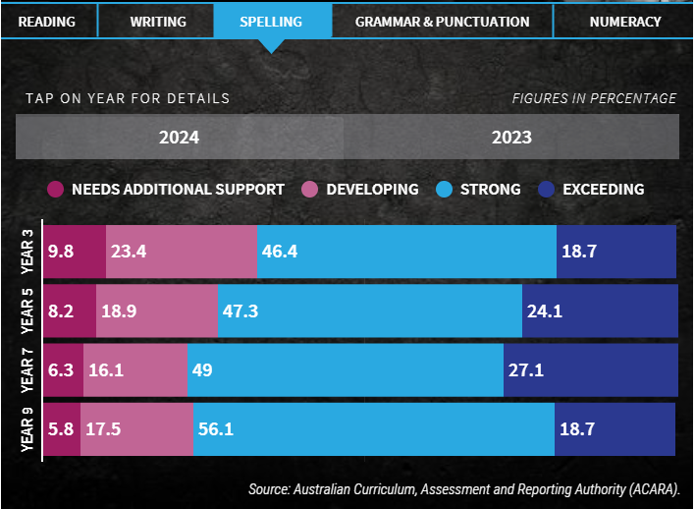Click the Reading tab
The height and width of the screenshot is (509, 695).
point(46,21)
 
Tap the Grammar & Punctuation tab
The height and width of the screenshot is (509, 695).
point(442,21)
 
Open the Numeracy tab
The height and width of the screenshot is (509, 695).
point(625,21)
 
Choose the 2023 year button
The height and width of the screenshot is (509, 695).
point(511,137)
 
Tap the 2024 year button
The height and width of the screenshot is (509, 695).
point(179,137)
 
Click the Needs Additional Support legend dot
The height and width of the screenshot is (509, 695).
point(55,190)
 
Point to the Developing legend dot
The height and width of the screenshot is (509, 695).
point(308,190)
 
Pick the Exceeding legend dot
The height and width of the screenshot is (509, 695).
point(545,190)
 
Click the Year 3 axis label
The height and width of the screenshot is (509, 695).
point(27,252)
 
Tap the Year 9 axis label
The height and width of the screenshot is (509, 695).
point(27,429)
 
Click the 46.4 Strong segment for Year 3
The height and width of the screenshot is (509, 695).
point(405,253)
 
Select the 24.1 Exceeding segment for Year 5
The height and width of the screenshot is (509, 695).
point(599,311)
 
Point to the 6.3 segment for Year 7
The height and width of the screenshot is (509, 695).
point(64,370)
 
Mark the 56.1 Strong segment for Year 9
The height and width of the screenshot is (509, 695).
point(373,429)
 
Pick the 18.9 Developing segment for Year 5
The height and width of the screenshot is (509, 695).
point(157,311)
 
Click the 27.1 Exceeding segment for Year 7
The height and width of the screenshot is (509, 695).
point(590,370)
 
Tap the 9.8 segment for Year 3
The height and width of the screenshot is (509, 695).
point(75,253)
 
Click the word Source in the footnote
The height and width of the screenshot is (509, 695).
point(271,489)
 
